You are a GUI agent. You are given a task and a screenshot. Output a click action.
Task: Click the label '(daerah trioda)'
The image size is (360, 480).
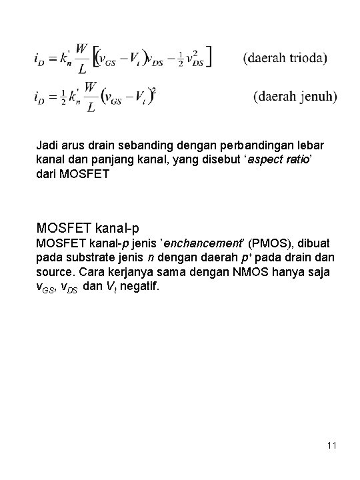click(285, 58)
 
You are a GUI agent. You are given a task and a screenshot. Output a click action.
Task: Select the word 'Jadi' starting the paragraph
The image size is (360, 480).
click(47, 145)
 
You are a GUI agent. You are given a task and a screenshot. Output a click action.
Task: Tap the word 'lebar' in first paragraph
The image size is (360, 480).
click(312, 145)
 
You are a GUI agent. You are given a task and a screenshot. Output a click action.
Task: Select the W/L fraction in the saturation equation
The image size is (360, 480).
click(91, 97)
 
